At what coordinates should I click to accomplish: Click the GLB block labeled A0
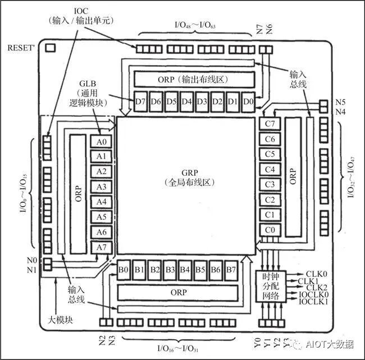click(x=101, y=141)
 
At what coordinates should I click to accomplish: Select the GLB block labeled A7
click(x=101, y=247)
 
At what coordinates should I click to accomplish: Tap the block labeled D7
click(x=141, y=102)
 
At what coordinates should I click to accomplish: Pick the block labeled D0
click(x=248, y=102)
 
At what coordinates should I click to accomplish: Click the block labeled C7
click(x=270, y=124)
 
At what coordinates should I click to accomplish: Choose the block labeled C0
click(x=270, y=230)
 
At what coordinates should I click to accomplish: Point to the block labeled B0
click(x=124, y=270)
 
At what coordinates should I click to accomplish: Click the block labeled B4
click(x=185, y=270)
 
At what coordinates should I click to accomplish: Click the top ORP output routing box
click(x=193, y=79)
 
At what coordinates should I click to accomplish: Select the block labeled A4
click(x=101, y=202)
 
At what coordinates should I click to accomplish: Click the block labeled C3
click(x=270, y=184)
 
